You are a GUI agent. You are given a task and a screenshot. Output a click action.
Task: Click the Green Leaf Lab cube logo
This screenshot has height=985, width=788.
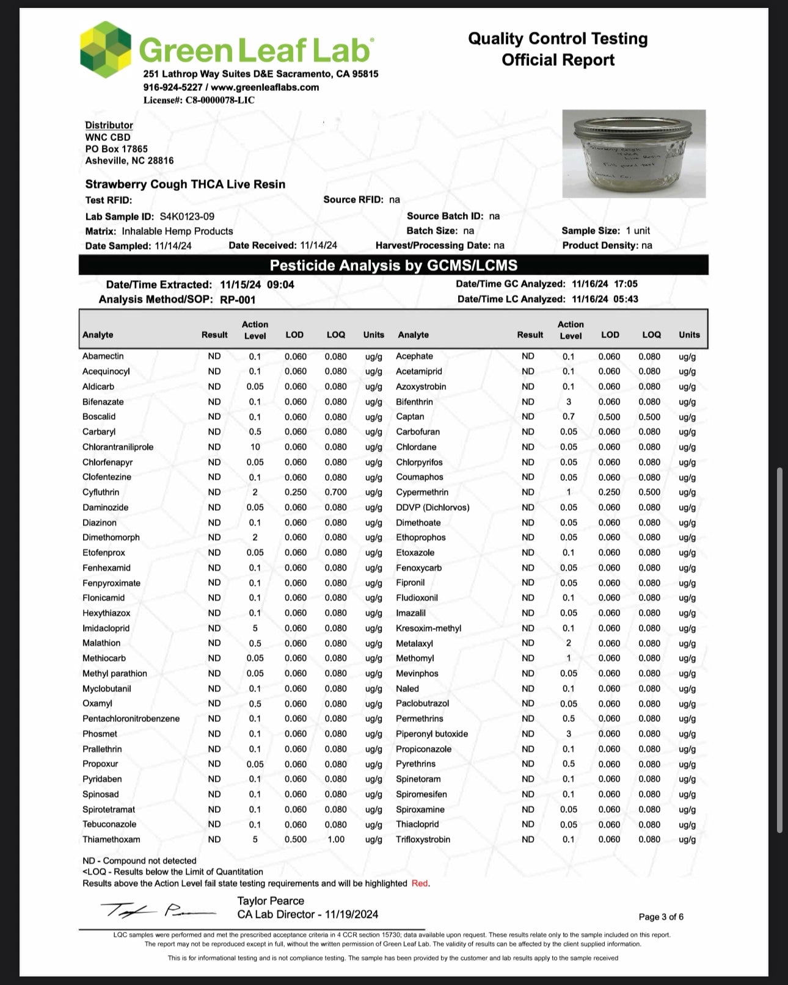tap(106, 50)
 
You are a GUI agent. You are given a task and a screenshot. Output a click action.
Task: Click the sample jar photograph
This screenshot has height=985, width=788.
tap(633, 153)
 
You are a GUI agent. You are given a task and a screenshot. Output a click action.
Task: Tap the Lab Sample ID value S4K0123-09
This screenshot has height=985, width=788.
tap(187, 217)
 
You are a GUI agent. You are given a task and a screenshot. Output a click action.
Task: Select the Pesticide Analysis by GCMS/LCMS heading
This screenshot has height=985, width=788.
tap(393, 265)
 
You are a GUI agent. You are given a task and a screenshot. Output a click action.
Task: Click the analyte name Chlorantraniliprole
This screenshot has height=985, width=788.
tap(118, 447)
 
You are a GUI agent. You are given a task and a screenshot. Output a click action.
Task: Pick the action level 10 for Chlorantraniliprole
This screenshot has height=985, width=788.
tap(255, 447)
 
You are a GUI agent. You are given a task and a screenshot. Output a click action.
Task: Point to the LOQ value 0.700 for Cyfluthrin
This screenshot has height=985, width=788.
tap(335, 492)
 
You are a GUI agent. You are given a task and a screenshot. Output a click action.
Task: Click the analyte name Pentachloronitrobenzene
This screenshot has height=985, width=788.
tap(131, 719)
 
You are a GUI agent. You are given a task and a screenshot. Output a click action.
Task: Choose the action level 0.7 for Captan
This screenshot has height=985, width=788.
tap(569, 417)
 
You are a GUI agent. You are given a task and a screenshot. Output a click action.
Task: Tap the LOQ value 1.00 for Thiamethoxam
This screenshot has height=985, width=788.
tap(335, 840)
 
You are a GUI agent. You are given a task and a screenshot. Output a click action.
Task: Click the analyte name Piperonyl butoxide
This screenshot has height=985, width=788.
tap(432, 734)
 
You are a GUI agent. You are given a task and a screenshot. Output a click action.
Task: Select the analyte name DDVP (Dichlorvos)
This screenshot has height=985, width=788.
tap(432, 508)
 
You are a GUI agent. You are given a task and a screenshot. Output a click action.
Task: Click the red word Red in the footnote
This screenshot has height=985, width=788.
tap(420, 884)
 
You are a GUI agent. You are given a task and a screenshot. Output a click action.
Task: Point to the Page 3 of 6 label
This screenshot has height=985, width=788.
tap(661, 917)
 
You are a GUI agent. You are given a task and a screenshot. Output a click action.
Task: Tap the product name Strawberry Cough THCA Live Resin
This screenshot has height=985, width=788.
tap(185, 184)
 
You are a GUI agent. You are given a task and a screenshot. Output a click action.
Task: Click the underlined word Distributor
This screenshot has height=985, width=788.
tap(109, 125)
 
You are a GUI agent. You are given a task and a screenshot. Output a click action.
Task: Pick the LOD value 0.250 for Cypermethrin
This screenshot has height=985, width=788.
tap(609, 492)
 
